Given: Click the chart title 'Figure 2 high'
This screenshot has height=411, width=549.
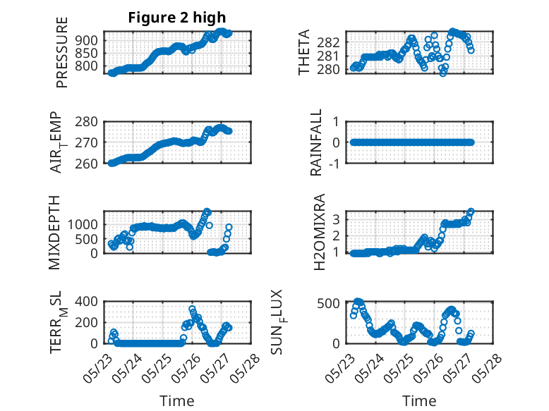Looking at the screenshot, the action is (x=177, y=18).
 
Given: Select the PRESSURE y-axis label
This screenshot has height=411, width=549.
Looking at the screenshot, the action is (x=61, y=52).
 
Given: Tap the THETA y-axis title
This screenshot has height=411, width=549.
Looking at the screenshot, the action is (x=304, y=52).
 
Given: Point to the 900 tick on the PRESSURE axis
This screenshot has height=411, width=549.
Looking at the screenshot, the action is (x=87, y=41).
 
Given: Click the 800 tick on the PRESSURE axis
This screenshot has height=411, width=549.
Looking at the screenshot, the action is (x=87, y=66).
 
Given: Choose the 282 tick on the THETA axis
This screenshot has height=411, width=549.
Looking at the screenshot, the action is (x=328, y=42).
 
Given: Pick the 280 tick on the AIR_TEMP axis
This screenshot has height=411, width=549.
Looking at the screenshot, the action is (x=87, y=122).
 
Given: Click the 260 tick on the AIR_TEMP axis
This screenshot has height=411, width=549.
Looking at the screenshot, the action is (x=87, y=164).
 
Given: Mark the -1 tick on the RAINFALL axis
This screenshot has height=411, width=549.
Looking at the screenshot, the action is (x=334, y=164).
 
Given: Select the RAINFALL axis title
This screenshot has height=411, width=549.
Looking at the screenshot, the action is (x=316, y=142).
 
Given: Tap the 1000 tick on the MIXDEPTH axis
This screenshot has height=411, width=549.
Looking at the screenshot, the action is (x=83, y=225).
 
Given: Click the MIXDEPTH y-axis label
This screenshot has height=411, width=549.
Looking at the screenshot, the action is (x=54, y=233).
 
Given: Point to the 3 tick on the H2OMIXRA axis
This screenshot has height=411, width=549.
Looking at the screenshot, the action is (x=337, y=220).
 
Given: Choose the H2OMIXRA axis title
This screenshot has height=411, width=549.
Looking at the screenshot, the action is (x=319, y=232).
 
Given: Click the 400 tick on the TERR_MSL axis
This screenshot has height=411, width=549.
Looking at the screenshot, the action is (x=87, y=301).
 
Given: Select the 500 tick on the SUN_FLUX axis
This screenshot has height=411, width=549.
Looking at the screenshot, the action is (x=328, y=303).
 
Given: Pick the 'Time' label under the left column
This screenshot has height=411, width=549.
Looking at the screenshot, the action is (x=177, y=401).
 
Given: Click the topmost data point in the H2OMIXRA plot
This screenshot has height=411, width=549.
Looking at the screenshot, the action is (x=471, y=211).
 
